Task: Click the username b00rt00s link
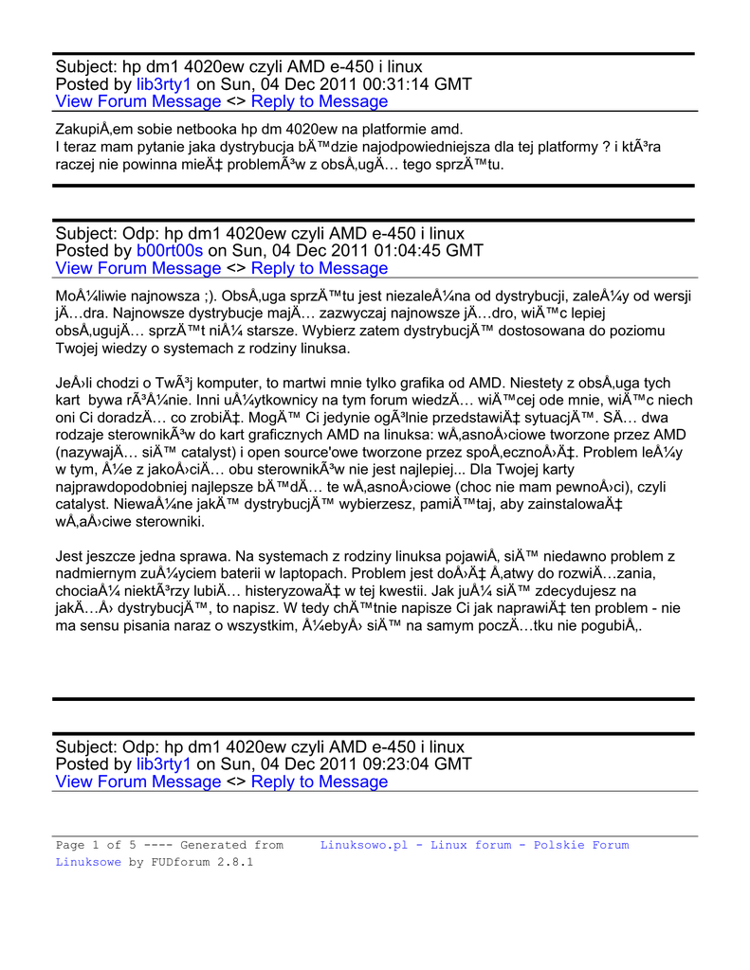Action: [x=170, y=251]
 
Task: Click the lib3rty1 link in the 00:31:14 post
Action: [x=164, y=84]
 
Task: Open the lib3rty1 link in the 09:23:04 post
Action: [x=164, y=764]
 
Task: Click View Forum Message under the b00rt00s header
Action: [x=138, y=269]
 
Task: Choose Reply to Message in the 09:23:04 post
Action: [x=320, y=782]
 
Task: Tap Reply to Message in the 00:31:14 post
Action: [x=320, y=102]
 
